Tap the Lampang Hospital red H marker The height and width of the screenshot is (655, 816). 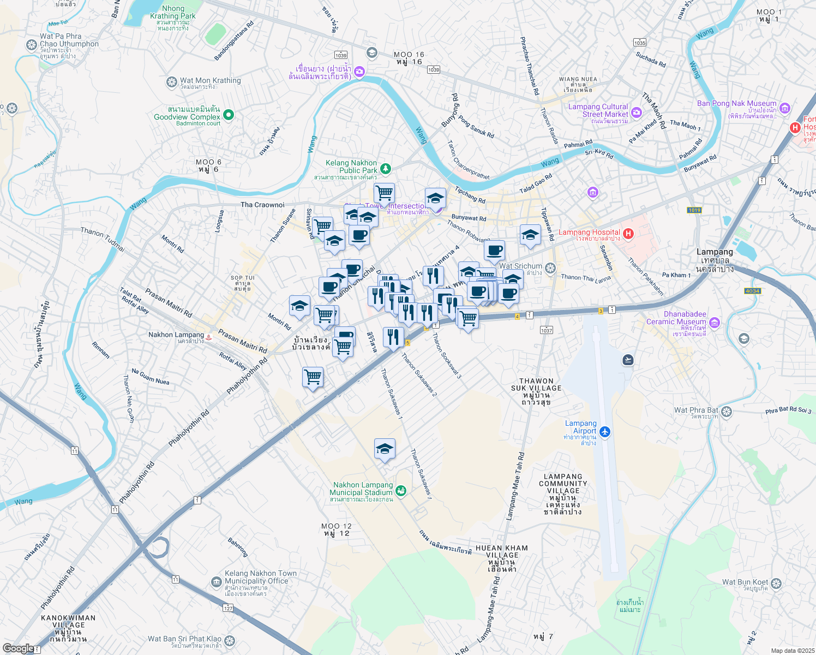628,234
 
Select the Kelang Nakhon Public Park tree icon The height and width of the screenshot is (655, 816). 386,169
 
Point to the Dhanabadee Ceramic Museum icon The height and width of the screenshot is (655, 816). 715,323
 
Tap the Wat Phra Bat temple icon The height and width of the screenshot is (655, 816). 726,411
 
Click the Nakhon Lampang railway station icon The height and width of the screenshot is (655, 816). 208,337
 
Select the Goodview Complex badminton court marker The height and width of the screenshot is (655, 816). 229,115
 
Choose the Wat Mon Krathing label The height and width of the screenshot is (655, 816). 210,81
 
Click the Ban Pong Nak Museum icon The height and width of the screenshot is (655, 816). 785,108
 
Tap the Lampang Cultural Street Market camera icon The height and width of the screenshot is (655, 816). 636,112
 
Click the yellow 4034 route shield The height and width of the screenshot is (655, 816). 752,291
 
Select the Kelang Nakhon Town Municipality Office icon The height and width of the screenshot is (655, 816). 217,582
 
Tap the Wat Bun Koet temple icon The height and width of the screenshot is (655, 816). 776,583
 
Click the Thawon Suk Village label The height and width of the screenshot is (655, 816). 536,388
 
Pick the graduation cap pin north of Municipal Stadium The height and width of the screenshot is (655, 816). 385,449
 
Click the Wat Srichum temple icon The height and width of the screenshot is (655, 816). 550,267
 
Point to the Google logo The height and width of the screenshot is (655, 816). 18,648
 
